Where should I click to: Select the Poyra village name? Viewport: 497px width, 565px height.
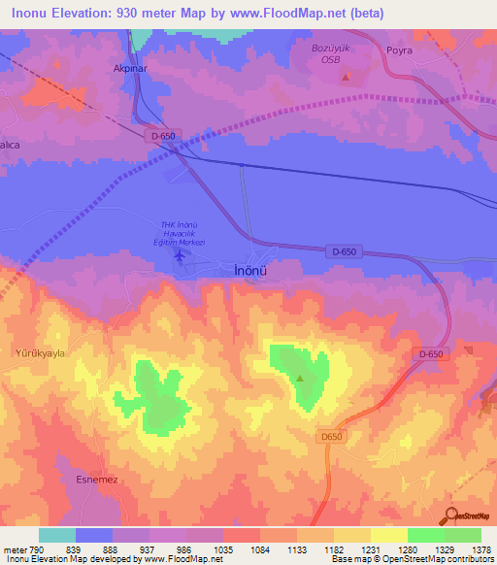(399, 50)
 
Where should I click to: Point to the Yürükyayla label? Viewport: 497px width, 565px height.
(39, 353)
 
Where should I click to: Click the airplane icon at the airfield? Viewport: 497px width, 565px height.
(180, 255)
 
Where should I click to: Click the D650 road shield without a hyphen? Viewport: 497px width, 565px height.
(332, 438)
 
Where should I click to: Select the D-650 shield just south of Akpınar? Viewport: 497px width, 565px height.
(163, 136)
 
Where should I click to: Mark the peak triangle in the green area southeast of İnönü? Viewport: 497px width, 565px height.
(300, 379)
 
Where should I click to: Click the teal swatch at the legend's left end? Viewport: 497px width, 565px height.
(57, 535)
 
